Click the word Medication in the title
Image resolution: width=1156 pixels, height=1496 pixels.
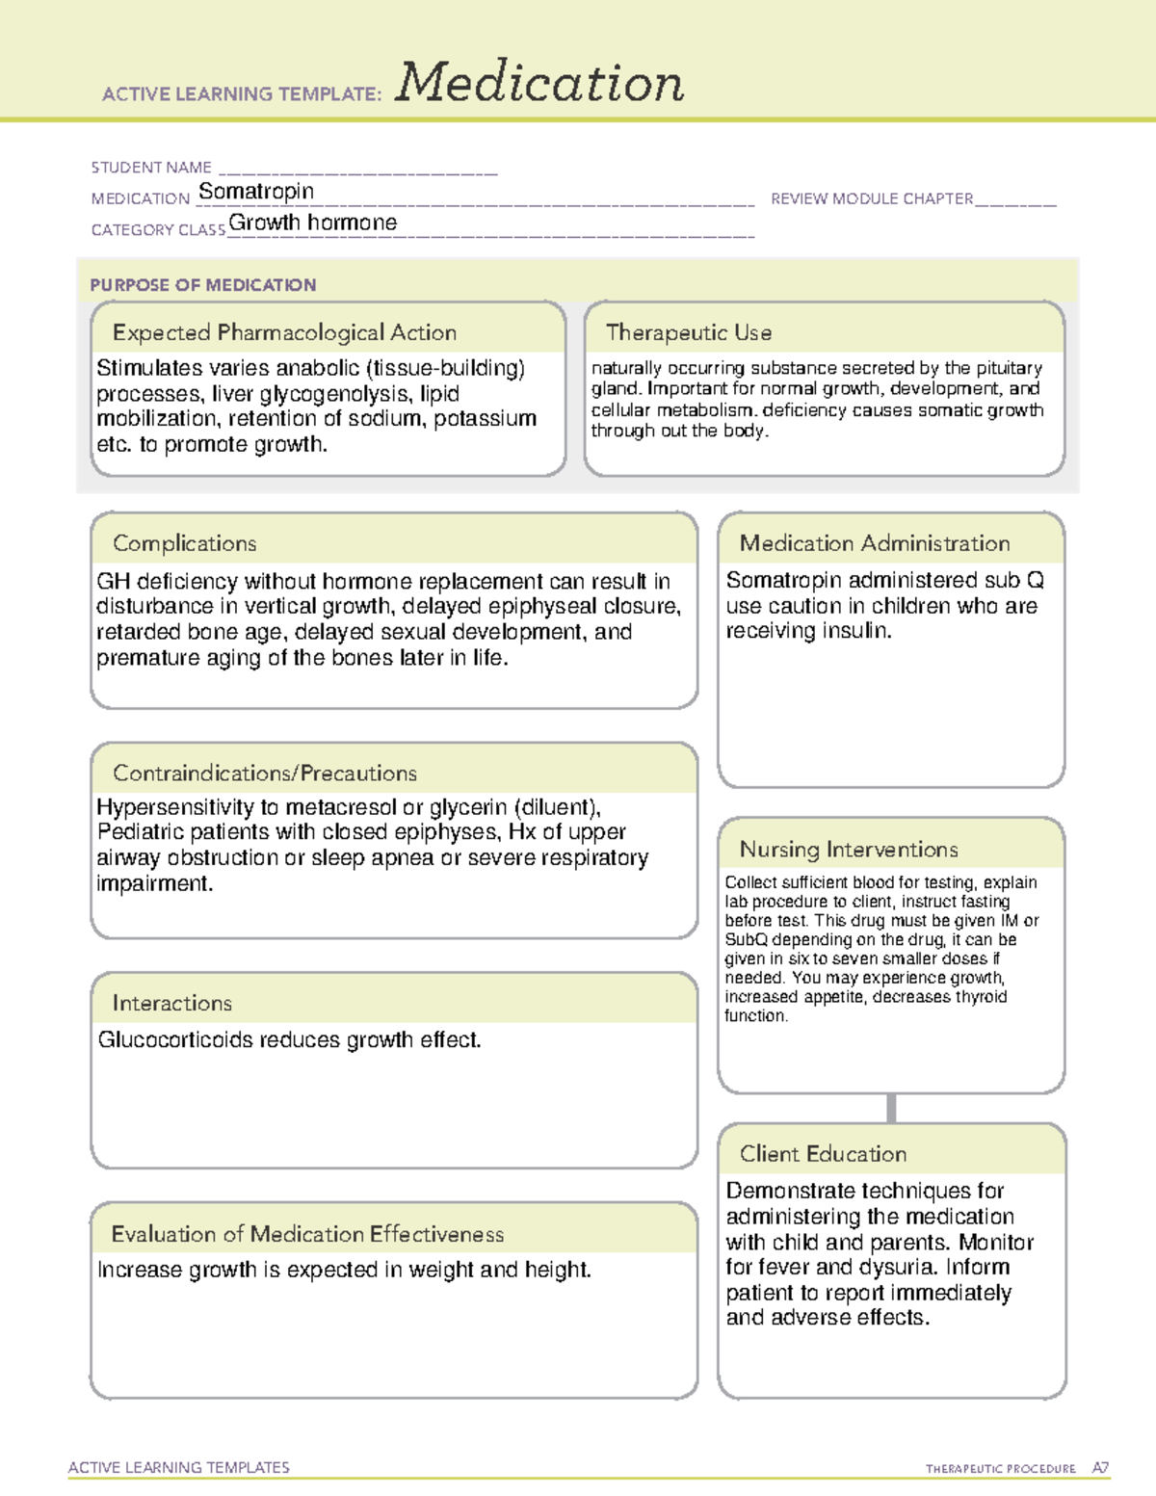[539, 83]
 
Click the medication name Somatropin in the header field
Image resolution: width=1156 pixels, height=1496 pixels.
[256, 192]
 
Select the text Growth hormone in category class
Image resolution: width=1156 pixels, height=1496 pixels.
[312, 223]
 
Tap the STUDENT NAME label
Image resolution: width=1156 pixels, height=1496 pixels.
[151, 168]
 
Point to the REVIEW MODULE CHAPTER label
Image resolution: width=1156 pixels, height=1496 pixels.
[872, 198]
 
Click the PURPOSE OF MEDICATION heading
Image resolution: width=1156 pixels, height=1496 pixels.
[203, 285]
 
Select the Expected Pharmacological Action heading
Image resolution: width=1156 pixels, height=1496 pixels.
[284, 332]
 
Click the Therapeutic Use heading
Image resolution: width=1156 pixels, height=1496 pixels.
[689, 332]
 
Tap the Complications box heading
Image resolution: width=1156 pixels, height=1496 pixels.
[185, 543]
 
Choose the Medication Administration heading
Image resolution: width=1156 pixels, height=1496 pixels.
[875, 543]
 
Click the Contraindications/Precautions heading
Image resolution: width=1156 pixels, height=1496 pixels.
[265, 773]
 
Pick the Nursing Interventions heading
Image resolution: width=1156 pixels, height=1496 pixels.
[849, 850]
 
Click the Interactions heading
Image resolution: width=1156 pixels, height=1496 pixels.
[172, 1003]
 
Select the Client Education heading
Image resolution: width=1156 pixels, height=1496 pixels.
[823, 1154]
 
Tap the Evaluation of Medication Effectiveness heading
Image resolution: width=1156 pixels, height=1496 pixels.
[307, 1234]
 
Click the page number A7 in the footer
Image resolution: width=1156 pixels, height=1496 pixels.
[1100, 1468]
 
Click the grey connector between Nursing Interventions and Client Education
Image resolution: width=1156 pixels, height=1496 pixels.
[891, 1108]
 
